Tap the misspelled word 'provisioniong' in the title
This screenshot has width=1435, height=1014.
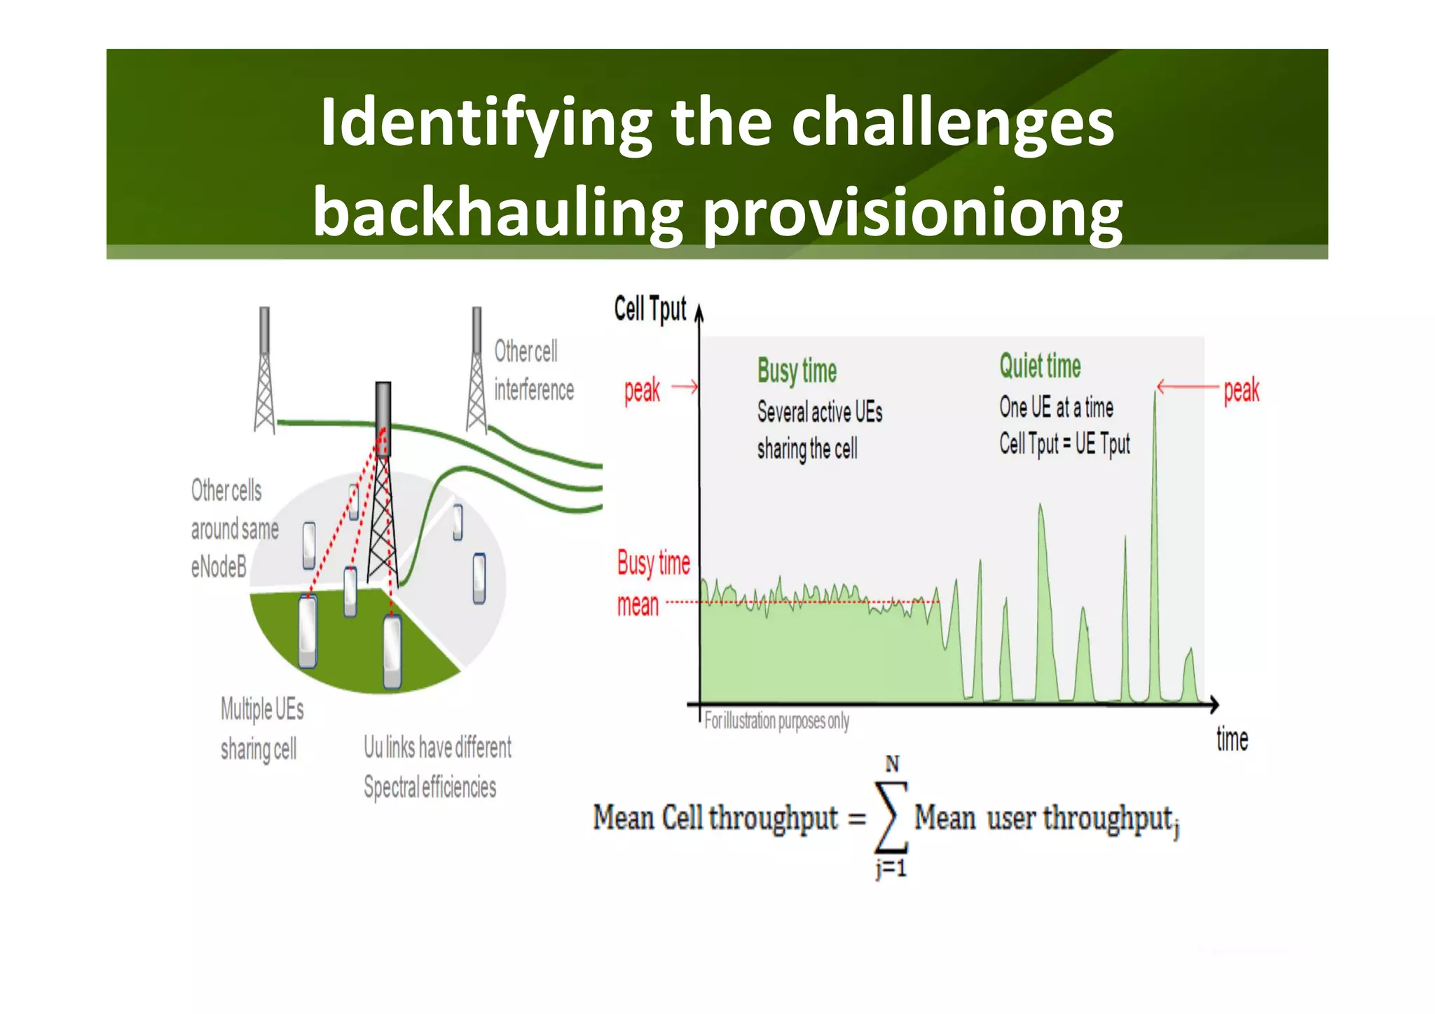pos(912,213)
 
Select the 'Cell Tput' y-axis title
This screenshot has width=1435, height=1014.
pos(650,309)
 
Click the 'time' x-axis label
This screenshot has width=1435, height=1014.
pos(1232,740)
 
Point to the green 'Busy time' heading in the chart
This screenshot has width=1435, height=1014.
pos(797,371)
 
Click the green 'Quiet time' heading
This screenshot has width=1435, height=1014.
pos(1040,366)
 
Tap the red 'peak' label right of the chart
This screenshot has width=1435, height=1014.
pos(1241,390)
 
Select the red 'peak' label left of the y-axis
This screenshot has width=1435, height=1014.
pos(642,390)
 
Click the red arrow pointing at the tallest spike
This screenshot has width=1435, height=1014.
pos(1188,386)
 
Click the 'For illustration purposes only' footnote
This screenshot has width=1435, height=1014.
pos(776,721)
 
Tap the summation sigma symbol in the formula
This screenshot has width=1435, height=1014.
pos(891,817)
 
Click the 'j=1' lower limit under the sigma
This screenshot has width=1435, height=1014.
pos(891,869)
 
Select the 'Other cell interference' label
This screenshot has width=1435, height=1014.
pos(533,371)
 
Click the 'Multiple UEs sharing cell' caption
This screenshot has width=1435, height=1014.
pos(261,729)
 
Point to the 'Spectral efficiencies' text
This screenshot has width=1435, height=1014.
pos(430,788)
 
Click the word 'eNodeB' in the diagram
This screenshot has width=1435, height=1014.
pos(219,567)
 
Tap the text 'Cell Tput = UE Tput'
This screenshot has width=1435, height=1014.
pos(1064,444)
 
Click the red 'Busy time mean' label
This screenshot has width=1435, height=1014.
pos(652,584)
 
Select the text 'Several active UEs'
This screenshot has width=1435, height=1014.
pos(819,412)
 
